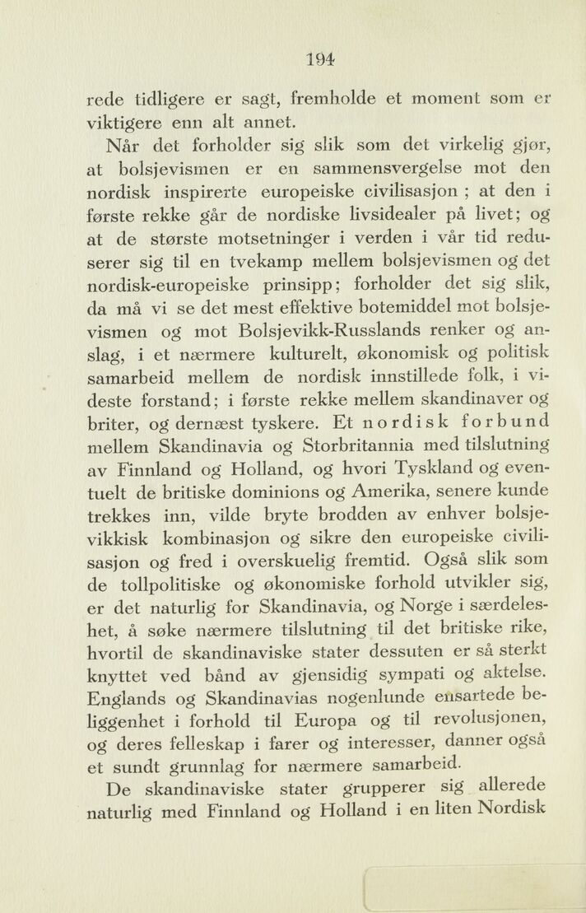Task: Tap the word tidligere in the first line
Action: point(164,100)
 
